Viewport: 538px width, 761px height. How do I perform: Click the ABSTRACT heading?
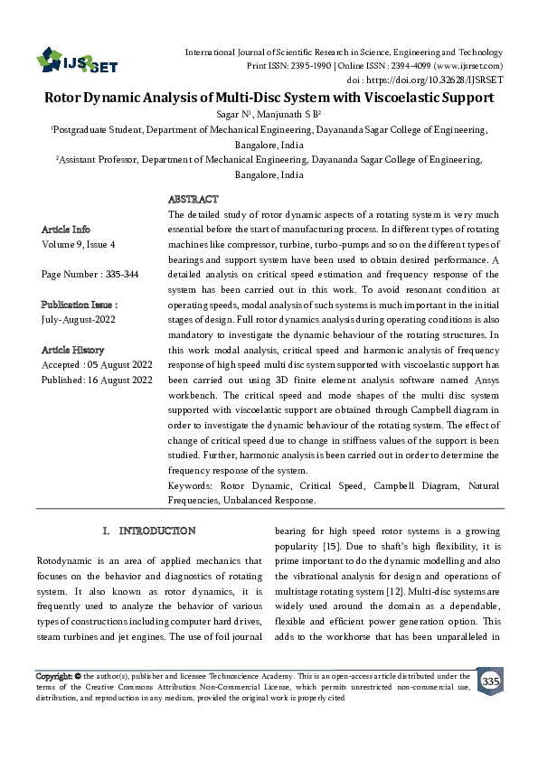click(193, 199)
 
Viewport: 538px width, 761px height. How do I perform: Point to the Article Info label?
click(66, 230)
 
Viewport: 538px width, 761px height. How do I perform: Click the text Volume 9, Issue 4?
click(79, 244)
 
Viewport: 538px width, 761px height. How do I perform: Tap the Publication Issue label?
click(80, 305)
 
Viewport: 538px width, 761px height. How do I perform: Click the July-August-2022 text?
click(79, 320)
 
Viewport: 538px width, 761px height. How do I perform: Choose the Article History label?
click(73, 350)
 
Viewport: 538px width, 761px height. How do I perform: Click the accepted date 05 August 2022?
click(118, 365)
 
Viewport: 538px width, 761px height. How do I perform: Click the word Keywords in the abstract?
click(189, 486)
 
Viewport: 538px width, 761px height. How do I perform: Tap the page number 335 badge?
click(491, 680)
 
